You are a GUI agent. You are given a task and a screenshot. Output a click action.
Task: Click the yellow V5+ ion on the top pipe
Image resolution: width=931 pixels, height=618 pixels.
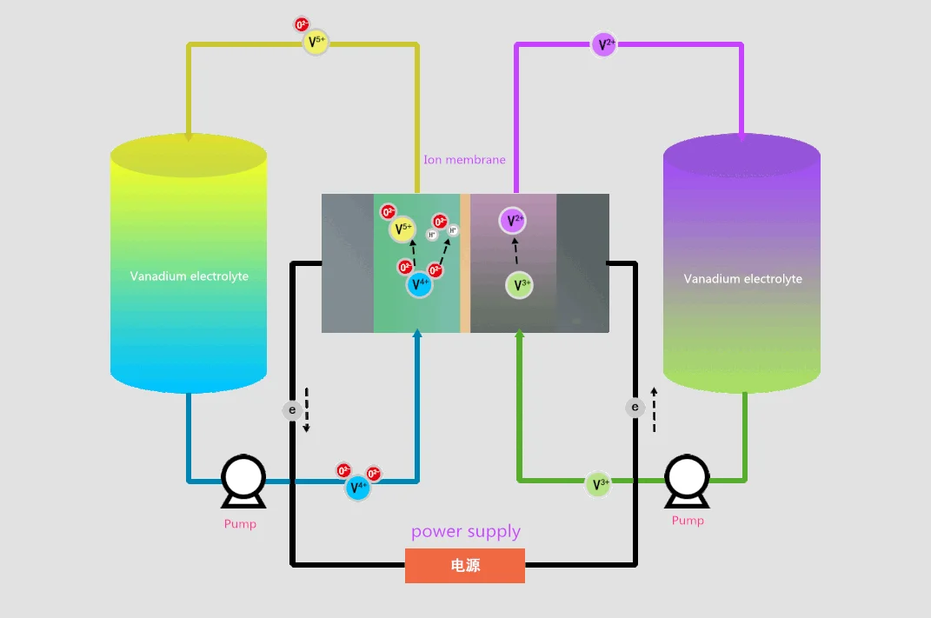(316, 42)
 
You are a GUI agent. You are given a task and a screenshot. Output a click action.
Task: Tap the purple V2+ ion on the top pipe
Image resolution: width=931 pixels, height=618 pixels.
(604, 44)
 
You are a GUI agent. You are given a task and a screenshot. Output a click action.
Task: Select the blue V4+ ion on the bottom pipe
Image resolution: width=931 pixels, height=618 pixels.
(357, 488)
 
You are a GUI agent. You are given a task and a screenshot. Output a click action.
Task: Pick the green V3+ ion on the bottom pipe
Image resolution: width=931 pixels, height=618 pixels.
(598, 485)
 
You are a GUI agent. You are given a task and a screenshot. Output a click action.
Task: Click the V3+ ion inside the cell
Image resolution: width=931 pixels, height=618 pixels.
(519, 285)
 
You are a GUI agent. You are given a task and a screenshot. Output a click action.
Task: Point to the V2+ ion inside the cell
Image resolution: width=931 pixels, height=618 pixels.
(513, 221)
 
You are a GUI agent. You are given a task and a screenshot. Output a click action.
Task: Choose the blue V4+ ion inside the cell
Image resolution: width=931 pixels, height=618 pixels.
(419, 284)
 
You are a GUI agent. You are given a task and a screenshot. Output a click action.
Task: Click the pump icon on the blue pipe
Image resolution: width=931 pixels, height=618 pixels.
(243, 481)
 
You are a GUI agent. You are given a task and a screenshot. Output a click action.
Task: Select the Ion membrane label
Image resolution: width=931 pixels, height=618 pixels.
(464, 160)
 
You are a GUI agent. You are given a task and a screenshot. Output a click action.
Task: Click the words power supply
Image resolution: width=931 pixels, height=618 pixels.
(466, 531)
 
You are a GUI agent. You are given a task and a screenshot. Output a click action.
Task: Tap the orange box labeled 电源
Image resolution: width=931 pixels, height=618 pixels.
(465, 566)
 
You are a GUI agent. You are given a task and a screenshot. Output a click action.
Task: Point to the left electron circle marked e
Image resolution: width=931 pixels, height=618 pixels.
(293, 409)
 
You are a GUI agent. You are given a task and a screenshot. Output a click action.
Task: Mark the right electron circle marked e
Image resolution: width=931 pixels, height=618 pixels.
(635, 407)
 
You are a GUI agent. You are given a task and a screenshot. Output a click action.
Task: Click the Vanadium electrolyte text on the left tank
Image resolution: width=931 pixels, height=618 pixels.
(190, 276)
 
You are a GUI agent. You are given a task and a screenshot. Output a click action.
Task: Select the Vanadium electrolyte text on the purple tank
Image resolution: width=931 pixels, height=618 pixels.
(742, 279)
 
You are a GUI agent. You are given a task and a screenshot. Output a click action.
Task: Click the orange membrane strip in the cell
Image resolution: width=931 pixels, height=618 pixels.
(465, 262)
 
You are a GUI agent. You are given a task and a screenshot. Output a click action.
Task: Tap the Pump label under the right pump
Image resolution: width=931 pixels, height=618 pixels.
(688, 521)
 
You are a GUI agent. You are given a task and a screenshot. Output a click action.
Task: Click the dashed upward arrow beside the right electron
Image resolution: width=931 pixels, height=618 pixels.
(655, 409)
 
